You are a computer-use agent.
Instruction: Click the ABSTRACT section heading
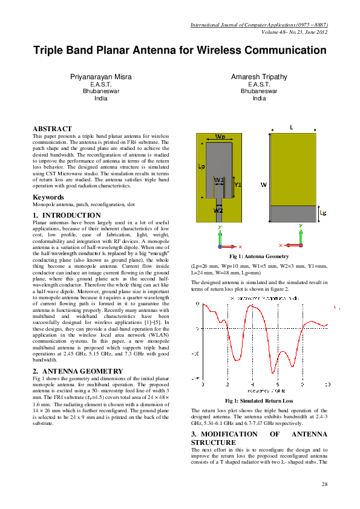click(52, 129)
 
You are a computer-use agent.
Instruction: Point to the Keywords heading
click(48, 197)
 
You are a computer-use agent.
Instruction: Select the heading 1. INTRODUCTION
click(67, 215)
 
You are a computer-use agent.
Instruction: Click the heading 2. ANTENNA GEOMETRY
click(77, 371)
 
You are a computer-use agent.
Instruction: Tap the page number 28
click(324, 484)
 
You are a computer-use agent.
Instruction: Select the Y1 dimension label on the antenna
click(238, 184)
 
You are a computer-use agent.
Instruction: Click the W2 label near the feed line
click(218, 211)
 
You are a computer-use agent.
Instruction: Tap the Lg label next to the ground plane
click(322, 213)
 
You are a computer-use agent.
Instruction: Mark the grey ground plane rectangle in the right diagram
click(293, 213)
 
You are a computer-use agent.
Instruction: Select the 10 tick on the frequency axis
click(327, 384)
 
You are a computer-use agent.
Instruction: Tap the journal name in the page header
click(259, 25)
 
